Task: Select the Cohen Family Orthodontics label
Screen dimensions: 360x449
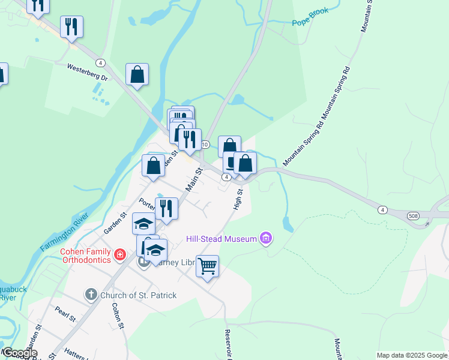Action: click(86, 256)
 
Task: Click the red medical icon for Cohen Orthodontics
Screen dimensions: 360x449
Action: click(120, 255)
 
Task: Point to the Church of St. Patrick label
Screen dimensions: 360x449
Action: click(138, 295)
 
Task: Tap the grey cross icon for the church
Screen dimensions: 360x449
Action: click(91, 295)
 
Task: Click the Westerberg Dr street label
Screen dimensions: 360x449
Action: click(87, 73)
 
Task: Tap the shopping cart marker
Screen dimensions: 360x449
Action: click(207, 265)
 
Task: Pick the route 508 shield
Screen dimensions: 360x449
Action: click(413, 215)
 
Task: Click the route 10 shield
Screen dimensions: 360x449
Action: click(205, 145)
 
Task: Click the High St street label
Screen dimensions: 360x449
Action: click(238, 200)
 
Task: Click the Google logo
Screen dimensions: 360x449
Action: click(19, 353)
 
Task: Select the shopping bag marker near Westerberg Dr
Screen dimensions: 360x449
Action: click(137, 74)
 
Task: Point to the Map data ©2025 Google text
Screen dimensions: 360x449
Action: click(412, 355)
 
